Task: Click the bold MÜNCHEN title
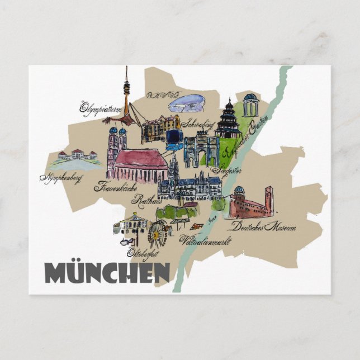(x=107, y=272)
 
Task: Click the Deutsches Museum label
(x=262, y=228)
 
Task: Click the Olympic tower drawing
(x=127, y=95)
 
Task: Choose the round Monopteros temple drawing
(x=250, y=105)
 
